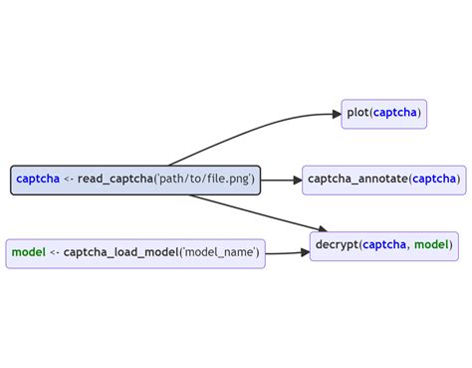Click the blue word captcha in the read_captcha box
pyautogui.click(x=38, y=181)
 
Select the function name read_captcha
pyautogui.click(x=115, y=181)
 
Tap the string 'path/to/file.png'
pyautogui.click(x=204, y=181)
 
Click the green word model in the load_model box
pyautogui.click(x=28, y=253)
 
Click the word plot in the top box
pyautogui.click(x=357, y=114)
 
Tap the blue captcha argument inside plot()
pyautogui.click(x=396, y=114)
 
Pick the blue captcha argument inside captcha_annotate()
pyautogui.click(x=434, y=180)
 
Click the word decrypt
pyautogui.click(x=337, y=244)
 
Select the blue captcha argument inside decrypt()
pyautogui.click(x=384, y=244)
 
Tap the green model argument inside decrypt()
pyautogui.click(x=431, y=244)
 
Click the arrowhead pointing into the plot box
pyautogui.click(x=336, y=114)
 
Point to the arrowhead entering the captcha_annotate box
pyautogui.click(x=296, y=180)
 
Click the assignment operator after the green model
pyautogui.click(x=55, y=253)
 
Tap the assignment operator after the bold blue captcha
pyautogui.click(x=69, y=181)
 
